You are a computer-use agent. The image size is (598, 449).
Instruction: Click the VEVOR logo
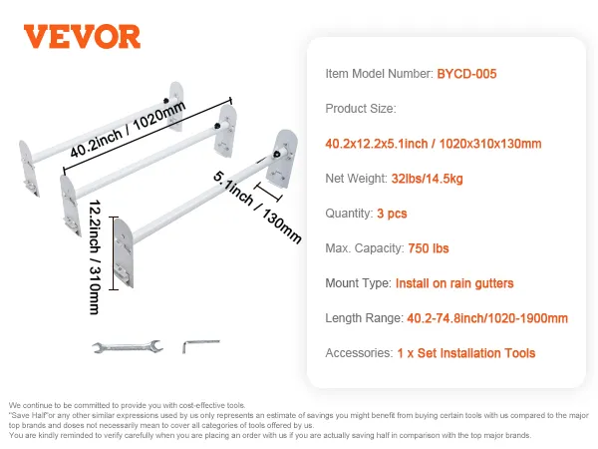pyautogui.click(x=82, y=37)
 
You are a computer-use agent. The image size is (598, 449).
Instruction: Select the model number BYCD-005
pyautogui.click(x=466, y=74)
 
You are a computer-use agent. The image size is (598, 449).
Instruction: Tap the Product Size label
pyautogui.click(x=361, y=109)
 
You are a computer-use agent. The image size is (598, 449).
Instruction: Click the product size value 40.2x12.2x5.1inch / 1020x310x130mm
pyautogui.click(x=434, y=144)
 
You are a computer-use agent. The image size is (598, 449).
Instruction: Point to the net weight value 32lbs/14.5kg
pyautogui.click(x=428, y=179)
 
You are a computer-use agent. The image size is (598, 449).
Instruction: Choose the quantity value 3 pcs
pyautogui.click(x=392, y=214)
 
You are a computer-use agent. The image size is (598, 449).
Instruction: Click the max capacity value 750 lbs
pyautogui.click(x=429, y=248)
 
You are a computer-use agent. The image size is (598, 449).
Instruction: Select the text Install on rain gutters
pyautogui.click(x=454, y=283)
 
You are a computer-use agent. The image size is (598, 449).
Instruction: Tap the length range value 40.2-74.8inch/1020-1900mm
pyautogui.click(x=487, y=318)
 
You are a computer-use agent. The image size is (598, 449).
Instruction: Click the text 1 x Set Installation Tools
pyautogui.click(x=466, y=353)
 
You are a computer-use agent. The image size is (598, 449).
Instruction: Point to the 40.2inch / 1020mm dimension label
pyautogui.click(x=128, y=129)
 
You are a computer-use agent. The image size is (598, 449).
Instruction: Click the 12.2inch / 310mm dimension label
pyautogui.click(x=95, y=257)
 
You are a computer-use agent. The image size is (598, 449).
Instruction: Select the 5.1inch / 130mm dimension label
pyautogui.click(x=257, y=207)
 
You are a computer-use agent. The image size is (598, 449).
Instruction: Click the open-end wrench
pyautogui.click(x=128, y=346)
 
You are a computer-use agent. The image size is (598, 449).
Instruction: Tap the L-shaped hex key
pyautogui.click(x=201, y=346)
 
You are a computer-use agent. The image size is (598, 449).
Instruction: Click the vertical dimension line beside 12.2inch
pyautogui.click(x=114, y=253)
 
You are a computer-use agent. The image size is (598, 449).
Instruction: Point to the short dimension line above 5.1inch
pyautogui.click(x=268, y=192)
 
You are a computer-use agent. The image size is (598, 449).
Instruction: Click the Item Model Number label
pyautogui.click(x=379, y=74)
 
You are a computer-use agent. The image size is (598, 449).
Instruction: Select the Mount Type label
pyautogui.click(x=358, y=283)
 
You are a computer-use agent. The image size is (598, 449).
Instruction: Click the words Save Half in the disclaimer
pyautogui.click(x=29, y=415)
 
